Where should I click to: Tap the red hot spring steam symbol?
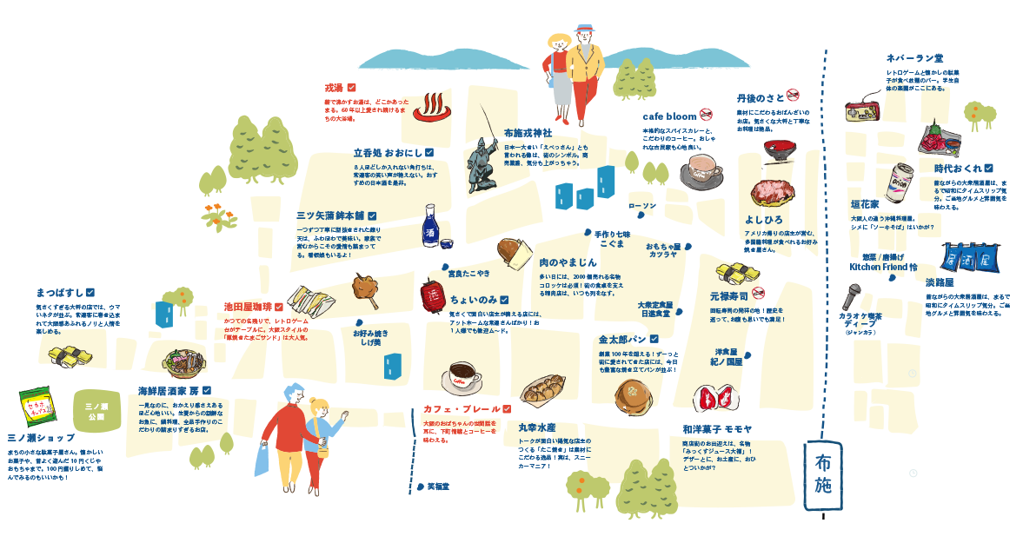428,108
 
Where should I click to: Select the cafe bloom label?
669,116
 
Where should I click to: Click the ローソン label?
642,205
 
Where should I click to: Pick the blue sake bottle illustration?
429,225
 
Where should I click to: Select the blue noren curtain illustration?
963,259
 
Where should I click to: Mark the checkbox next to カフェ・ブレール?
507,408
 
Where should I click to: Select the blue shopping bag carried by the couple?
262,461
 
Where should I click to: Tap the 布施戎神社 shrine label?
528,133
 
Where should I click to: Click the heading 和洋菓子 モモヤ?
717,429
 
